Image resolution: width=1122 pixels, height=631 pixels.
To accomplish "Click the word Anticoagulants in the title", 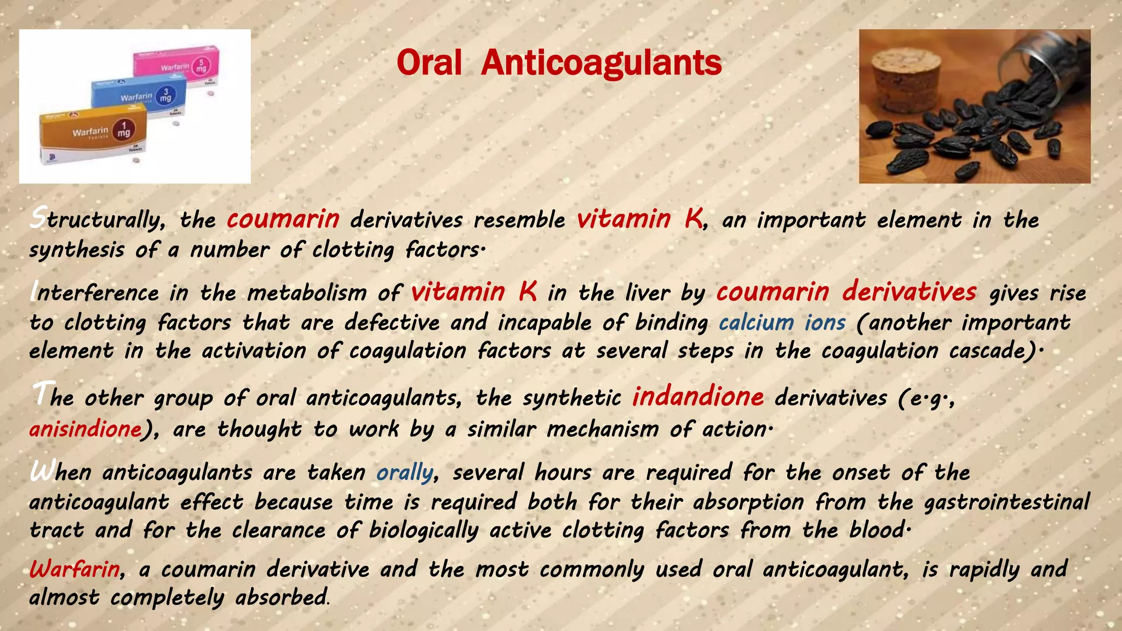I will (601, 63).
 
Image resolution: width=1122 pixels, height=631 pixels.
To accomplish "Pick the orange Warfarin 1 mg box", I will (93, 133).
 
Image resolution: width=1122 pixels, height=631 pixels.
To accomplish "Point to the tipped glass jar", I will (1035, 60).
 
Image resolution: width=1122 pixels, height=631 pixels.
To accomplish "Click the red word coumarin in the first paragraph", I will (283, 219).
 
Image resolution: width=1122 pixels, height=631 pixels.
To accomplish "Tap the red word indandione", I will (697, 397).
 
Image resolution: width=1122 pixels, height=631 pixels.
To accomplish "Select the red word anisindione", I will (85, 429).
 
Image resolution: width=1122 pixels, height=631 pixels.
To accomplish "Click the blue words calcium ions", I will (782, 323).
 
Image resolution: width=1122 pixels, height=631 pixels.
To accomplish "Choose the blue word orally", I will (404, 472).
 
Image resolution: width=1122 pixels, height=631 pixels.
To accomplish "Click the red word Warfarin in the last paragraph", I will (75, 569).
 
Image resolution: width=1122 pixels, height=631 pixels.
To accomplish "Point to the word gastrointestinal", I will (1007, 502).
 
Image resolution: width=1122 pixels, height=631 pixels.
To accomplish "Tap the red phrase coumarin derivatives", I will (846, 292).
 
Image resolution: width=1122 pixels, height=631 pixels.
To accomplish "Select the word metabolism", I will (307, 293).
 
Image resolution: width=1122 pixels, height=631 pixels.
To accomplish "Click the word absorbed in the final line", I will (281, 597).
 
